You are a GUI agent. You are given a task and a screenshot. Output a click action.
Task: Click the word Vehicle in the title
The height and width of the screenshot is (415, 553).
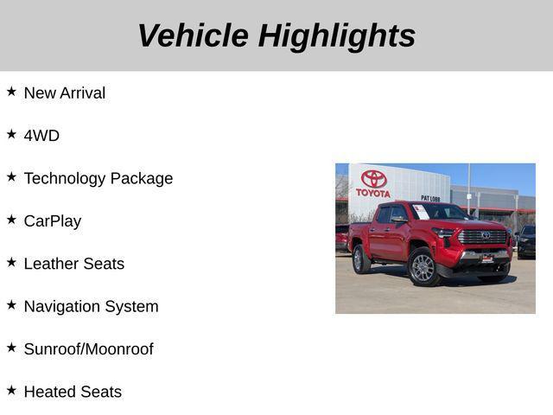[192, 35]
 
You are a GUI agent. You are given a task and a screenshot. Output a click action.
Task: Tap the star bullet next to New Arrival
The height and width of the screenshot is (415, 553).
[11, 91]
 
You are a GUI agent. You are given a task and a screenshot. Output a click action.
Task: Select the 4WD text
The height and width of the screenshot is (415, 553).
[41, 136]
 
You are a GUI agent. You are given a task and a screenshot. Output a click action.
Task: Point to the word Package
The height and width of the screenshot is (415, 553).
[143, 178]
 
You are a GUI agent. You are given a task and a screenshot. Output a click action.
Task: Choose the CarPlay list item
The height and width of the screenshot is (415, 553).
[53, 221]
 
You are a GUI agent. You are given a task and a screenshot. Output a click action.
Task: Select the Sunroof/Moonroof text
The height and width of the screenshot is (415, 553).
[88, 349]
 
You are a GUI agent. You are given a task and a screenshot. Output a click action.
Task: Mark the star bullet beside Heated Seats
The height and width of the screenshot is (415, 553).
[11, 390]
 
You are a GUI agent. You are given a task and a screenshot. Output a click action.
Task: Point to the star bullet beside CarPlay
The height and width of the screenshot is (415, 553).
[11, 219]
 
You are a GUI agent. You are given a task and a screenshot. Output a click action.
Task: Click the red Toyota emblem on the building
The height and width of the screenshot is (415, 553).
[373, 178]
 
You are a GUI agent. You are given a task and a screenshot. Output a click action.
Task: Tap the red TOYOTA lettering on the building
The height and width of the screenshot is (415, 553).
[373, 193]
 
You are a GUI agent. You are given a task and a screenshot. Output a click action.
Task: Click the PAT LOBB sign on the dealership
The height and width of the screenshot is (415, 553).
[430, 198]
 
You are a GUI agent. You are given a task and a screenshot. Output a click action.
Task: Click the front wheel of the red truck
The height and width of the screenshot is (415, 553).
[423, 267]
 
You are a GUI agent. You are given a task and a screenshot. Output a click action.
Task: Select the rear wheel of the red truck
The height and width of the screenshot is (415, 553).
[361, 259]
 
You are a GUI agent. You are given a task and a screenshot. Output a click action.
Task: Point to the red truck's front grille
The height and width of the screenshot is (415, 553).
[481, 236]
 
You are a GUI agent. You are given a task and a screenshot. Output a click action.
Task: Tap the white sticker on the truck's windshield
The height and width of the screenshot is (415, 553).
[421, 211]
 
